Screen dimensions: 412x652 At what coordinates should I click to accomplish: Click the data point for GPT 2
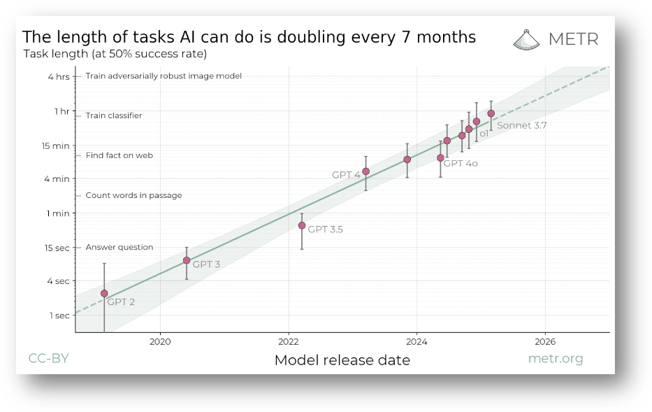point(104,293)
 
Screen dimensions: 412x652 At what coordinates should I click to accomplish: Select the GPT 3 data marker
point(187,260)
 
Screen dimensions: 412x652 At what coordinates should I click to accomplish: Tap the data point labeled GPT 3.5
point(302,225)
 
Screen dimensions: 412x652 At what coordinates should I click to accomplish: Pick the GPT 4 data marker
point(365,171)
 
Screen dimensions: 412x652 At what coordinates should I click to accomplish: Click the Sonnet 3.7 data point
point(491,113)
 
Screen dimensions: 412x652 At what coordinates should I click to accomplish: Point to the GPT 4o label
point(461,163)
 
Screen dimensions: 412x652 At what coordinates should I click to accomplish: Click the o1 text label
point(484,133)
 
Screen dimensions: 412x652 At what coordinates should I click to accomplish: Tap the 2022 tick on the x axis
point(289,342)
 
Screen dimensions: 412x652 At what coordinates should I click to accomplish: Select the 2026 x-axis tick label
point(544,342)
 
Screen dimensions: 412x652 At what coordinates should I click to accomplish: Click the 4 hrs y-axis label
point(59,76)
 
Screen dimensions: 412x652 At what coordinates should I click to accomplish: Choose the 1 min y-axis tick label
point(59,213)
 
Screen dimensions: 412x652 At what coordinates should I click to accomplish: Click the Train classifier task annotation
point(114,115)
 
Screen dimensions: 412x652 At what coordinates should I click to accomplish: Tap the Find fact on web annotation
point(119,155)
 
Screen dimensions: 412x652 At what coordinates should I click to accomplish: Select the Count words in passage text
point(133,195)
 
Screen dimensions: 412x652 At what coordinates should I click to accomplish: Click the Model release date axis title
point(342,360)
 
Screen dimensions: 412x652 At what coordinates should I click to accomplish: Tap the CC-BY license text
point(48,359)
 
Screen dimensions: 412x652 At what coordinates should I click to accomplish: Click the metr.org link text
point(555,359)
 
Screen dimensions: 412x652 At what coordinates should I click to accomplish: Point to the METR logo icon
point(526,39)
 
